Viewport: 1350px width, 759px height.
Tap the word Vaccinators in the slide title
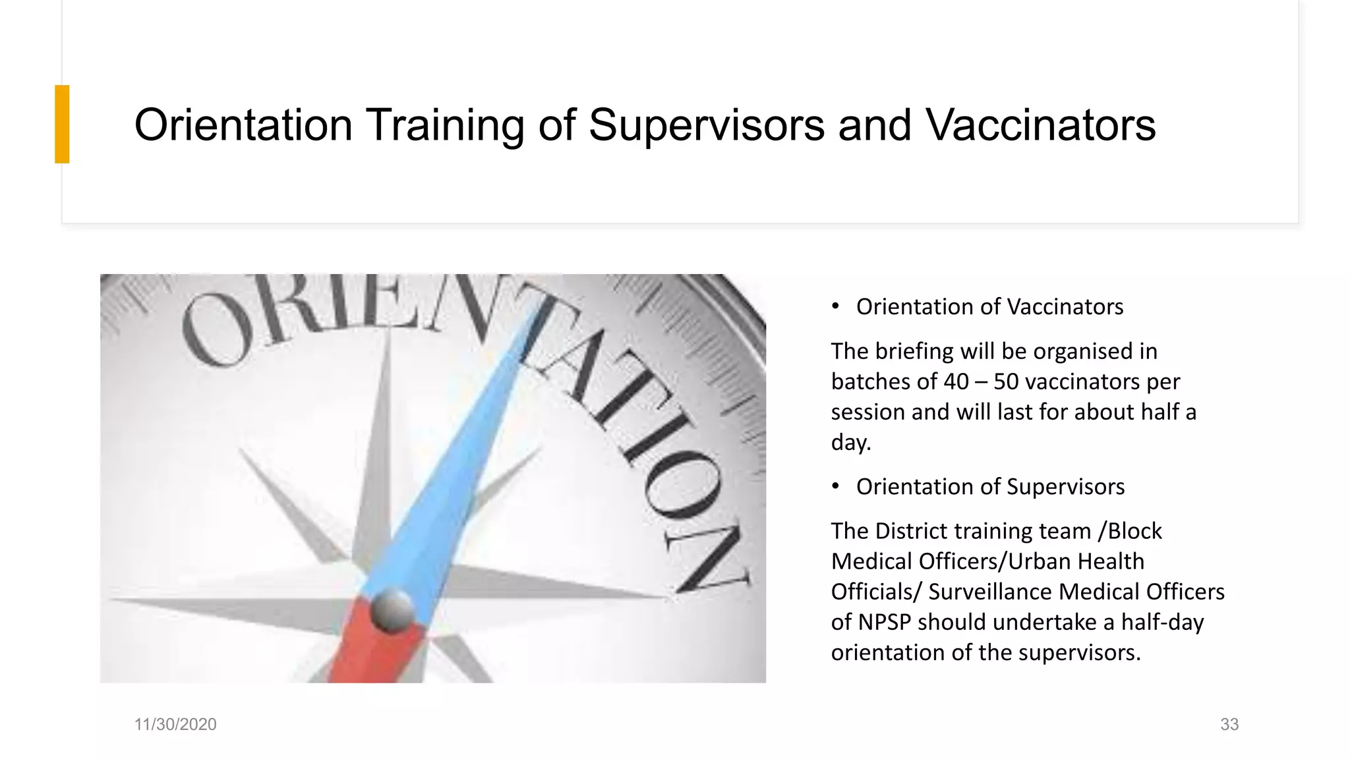(1041, 125)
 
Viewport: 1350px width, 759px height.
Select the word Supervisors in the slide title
(706, 125)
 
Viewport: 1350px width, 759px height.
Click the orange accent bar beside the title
(62, 124)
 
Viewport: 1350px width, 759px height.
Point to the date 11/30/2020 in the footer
(175, 724)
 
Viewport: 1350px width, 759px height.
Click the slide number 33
(1229, 724)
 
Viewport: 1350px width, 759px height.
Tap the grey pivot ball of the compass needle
(392, 609)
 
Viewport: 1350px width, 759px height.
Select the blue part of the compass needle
(455, 461)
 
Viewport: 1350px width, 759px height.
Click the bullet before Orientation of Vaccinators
(836, 306)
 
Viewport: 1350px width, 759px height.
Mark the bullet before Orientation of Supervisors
(836, 486)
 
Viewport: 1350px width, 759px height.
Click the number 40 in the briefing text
(956, 381)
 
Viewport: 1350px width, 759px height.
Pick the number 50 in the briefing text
(1007, 381)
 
